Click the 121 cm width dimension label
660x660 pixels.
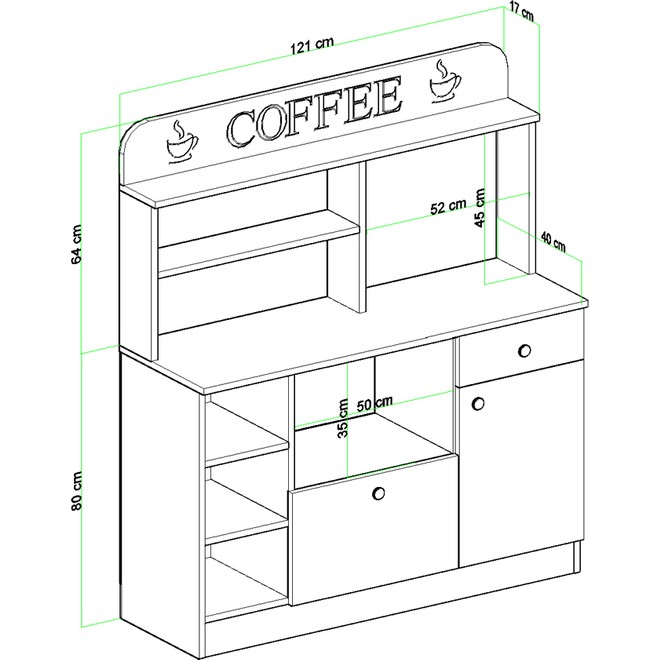[312, 45]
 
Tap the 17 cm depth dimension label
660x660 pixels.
[521, 13]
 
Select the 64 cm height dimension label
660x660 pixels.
[77, 245]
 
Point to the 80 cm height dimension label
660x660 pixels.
[77, 491]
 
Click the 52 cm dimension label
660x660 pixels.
[448, 207]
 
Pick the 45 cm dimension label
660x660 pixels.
[480, 208]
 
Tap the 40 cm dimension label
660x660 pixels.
[553, 242]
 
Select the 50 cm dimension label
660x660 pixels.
[375, 404]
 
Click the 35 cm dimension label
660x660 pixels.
[343, 418]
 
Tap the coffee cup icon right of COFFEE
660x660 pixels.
[444, 80]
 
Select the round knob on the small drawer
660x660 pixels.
[524, 350]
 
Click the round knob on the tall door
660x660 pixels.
[478, 403]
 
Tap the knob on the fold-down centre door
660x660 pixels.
[378, 493]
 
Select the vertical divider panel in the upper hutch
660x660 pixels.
[345, 238]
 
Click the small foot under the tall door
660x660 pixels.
[577, 557]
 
